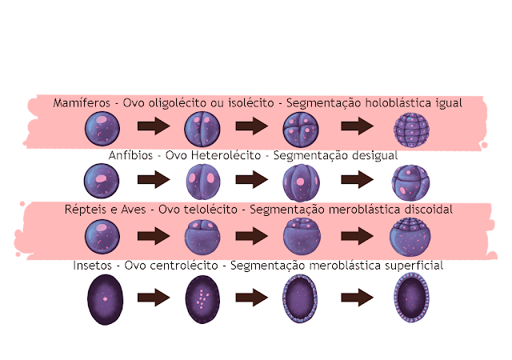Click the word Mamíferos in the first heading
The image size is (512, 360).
pos(81,104)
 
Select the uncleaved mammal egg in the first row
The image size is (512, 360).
pos(103,128)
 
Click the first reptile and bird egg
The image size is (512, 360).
pos(103,237)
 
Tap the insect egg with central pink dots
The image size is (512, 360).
pos(202,298)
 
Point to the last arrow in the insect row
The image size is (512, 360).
pos(357,298)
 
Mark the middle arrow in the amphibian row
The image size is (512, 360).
pos(250,181)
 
